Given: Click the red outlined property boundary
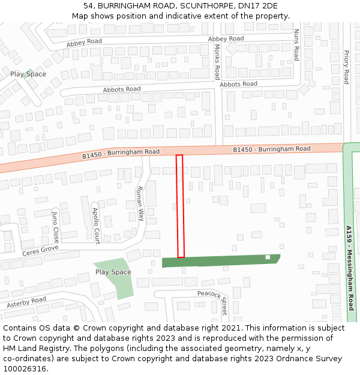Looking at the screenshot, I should click(180, 206).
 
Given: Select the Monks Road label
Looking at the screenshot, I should click(217, 62).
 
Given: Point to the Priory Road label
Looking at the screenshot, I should click(346, 67).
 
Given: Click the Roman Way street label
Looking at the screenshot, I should click(140, 203).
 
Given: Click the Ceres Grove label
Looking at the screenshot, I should click(40, 250).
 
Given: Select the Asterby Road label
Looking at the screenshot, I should click(26, 303).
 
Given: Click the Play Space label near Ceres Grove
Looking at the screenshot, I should click(113, 272).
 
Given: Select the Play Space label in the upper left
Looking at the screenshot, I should click(28, 74).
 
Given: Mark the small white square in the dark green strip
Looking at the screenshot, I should click(268, 257).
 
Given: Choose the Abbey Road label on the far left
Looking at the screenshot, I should click(84, 42).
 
